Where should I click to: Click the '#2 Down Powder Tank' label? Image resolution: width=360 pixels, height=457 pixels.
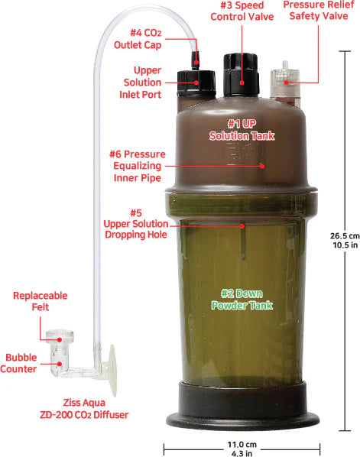[x=242, y=298]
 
